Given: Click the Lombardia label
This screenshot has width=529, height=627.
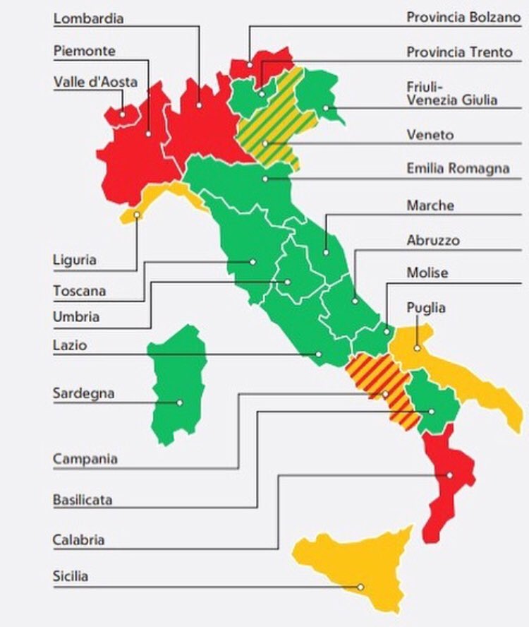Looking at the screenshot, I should pos(88,18).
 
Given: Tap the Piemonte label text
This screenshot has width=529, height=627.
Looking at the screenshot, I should pos(84,51).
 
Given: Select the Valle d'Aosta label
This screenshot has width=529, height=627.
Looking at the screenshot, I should pos(95,82).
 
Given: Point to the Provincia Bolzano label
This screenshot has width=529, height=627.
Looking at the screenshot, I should pos(463,16).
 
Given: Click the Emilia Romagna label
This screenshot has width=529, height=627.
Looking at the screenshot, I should pos(458,169).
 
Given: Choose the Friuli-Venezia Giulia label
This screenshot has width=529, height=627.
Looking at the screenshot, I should pos(451,92).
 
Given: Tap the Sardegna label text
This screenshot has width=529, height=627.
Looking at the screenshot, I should pos(83,393).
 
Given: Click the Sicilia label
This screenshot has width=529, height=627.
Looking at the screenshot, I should pos(71,576).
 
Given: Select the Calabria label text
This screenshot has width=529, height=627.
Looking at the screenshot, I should pos(78,540).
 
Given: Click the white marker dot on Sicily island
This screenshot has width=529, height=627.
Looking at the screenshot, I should pos(360,587).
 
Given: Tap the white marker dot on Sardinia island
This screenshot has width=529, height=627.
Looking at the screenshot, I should pos(180,402).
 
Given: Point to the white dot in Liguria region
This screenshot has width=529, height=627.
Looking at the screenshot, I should pos(137,215).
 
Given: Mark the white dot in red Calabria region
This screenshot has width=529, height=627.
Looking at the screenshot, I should pos(449,475).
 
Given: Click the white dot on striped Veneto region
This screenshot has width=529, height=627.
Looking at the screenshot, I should pos(266,143).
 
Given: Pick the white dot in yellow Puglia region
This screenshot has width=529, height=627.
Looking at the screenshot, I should pos(418,347).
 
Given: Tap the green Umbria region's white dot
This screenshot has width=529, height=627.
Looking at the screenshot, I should pos(288,282).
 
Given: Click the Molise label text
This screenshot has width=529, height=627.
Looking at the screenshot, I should pos(427,273).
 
